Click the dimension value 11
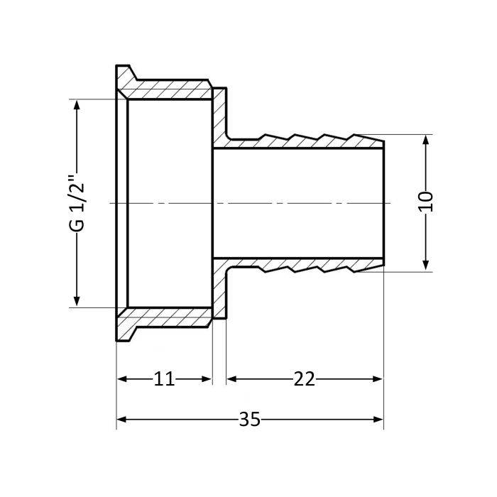point(165,379)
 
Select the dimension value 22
point(305,379)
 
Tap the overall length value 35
point(249,419)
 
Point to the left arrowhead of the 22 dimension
point(231,379)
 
